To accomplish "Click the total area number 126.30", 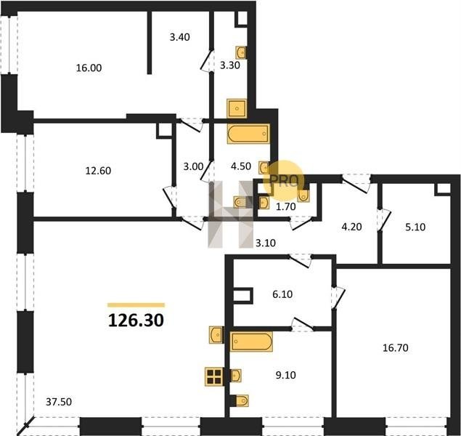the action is pos(136,320).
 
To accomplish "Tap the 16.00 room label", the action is pos(89,68).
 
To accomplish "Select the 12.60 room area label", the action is pos(98,171).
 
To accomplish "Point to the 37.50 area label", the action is pos(59,402).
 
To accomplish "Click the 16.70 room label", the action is pos(396,348).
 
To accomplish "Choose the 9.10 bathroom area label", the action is pos(286,375).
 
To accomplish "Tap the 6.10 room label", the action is pos(282,294).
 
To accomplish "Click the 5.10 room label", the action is pos(415,227).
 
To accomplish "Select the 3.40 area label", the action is pos(180,37).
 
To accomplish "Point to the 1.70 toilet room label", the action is pos(286,207).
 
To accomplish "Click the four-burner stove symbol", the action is pos(214,377).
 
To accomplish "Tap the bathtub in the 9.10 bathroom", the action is pos(251,342).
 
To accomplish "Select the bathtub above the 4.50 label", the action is pos(249,134).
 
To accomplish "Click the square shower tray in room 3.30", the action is pos(237,109).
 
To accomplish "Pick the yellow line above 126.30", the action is pos(136,305).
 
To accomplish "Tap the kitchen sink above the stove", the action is pos(217,334).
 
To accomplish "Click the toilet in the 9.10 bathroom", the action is pos(242,400).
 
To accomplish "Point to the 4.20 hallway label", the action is pos(351,227).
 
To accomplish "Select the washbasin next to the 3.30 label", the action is pos(241,53).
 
